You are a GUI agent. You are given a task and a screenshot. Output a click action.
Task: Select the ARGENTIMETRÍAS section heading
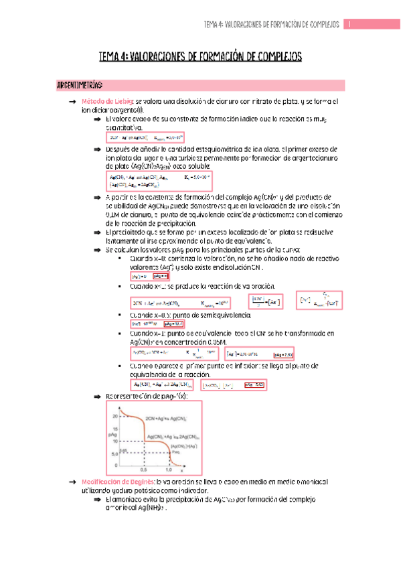(80, 86)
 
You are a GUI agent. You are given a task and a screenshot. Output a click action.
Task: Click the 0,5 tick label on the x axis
(144, 470)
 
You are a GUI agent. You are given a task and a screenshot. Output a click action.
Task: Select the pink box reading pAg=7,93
(284, 354)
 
